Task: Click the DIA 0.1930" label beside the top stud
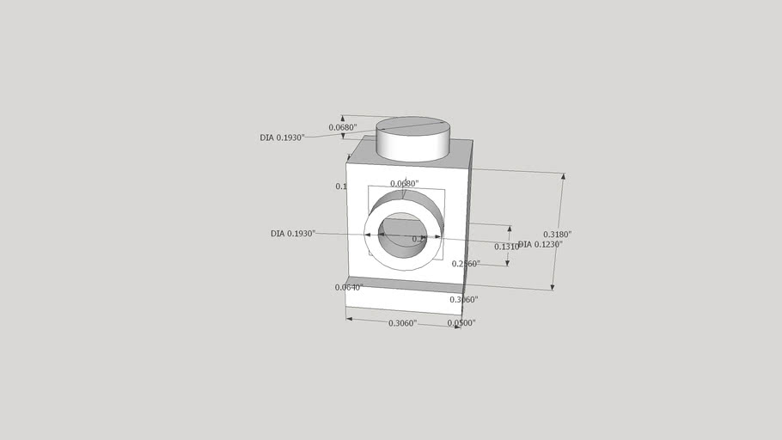coord(282,137)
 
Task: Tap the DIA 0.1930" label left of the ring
coord(293,234)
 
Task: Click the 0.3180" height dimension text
coord(557,234)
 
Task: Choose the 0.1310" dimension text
coord(506,247)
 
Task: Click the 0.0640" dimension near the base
coord(348,287)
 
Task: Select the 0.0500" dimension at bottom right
coord(461,323)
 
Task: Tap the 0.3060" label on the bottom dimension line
coord(402,323)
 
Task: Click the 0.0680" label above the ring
coord(404,184)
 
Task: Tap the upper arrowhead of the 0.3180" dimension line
coord(563,177)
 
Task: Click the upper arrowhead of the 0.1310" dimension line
coord(510,230)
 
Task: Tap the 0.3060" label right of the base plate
coord(464,300)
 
